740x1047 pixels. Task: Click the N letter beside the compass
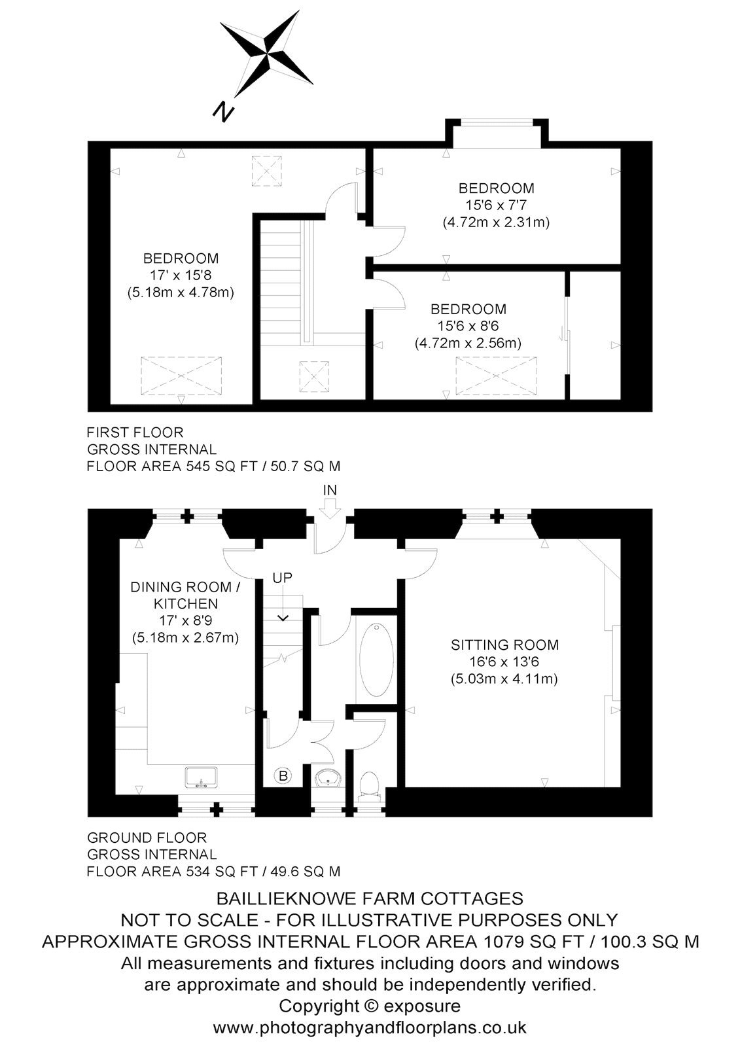tap(224, 112)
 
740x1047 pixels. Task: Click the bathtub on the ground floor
tap(376, 660)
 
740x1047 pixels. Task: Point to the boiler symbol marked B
tap(283, 776)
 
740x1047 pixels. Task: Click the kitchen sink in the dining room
tap(202, 778)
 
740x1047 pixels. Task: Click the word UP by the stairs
tap(283, 578)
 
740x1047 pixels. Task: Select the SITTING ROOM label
tap(505, 645)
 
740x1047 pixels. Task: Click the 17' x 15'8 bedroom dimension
tap(181, 275)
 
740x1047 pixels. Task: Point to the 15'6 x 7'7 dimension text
tap(496, 205)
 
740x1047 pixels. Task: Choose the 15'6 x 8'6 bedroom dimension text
tap(468, 326)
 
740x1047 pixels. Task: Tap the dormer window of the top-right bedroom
tap(497, 124)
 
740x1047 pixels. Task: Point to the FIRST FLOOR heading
tap(135, 433)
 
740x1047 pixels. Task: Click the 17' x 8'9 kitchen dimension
tap(186, 621)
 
